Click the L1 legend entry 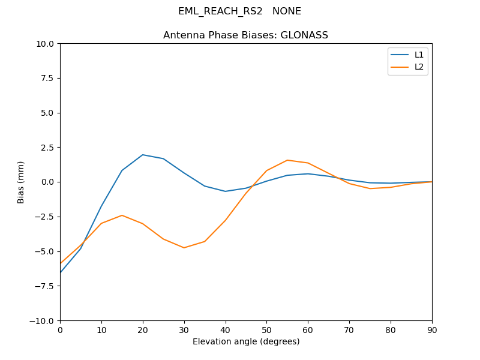tap(419, 55)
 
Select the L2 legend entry tap(419, 67)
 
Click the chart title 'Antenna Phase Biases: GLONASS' tap(245, 35)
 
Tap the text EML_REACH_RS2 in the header tap(220, 11)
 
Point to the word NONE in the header tap(287, 11)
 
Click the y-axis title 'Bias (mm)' tap(21, 182)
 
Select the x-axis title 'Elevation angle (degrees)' tap(246, 341)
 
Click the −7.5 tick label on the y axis tap(44, 286)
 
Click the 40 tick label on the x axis tap(226, 329)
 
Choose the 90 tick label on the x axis tap(432, 329)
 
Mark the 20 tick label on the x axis tap(143, 329)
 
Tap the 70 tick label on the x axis tap(349, 329)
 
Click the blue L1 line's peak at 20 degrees tap(143, 155)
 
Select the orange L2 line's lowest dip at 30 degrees tap(184, 248)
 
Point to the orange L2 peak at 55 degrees tap(287, 160)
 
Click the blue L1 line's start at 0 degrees tap(60, 273)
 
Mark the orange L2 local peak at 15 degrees tap(122, 215)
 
